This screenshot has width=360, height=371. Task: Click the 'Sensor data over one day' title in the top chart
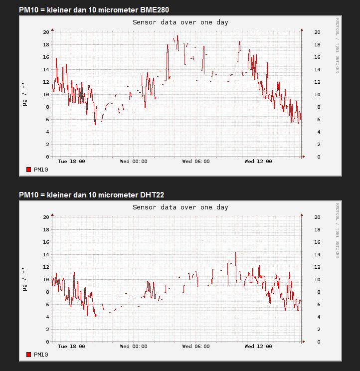pyautogui.click(x=180, y=22)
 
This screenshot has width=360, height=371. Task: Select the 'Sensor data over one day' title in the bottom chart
pyautogui.click(x=180, y=207)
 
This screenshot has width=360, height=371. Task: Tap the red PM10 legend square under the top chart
pyautogui.click(x=29, y=170)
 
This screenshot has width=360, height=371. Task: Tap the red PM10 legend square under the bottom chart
pyautogui.click(x=29, y=355)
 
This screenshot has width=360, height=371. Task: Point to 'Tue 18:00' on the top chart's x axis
pyautogui.click(x=71, y=162)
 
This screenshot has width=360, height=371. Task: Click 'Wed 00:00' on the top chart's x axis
pyautogui.click(x=134, y=162)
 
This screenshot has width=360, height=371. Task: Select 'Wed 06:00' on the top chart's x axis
pyautogui.click(x=196, y=162)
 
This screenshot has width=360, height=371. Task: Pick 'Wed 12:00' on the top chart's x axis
pyautogui.click(x=258, y=162)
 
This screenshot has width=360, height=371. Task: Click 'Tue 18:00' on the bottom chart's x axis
pyautogui.click(x=71, y=347)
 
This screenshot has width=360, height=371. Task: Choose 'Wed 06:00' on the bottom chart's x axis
pyautogui.click(x=196, y=347)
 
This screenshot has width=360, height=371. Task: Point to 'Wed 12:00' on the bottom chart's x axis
pyautogui.click(x=258, y=347)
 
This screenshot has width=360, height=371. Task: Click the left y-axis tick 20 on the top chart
pyautogui.click(x=46, y=32)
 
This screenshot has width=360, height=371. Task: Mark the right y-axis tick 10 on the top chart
pyautogui.click(x=317, y=94)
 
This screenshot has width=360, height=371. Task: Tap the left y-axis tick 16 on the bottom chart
pyautogui.click(x=46, y=242)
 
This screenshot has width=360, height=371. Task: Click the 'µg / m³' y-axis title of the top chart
pyautogui.click(x=24, y=94)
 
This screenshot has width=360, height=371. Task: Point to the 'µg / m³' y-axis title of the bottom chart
pyautogui.click(x=24, y=279)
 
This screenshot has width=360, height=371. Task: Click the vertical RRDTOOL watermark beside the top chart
pyautogui.click(x=337, y=45)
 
